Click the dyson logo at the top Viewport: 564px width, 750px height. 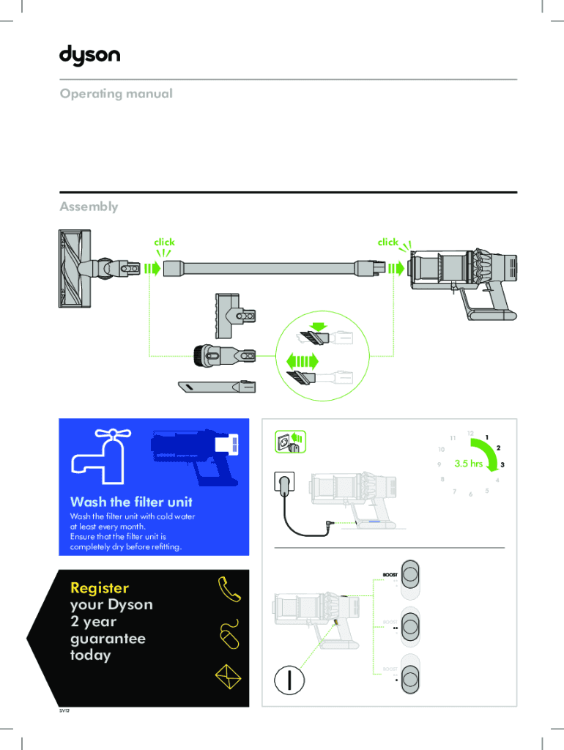(x=89, y=56)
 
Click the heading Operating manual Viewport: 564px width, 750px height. (x=116, y=94)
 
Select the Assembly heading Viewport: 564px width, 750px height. (x=89, y=207)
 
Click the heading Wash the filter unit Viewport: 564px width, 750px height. (x=131, y=502)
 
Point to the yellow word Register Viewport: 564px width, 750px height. (x=100, y=588)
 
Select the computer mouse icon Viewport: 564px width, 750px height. (x=229, y=634)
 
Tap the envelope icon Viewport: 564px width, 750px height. (x=228, y=677)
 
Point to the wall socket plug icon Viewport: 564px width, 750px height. (x=289, y=442)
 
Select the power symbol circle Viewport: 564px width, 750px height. (x=289, y=679)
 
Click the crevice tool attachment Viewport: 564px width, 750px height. (x=217, y=385)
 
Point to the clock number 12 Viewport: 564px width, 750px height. (x=470, y=434)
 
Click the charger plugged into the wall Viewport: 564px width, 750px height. (x=283, y=484)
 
